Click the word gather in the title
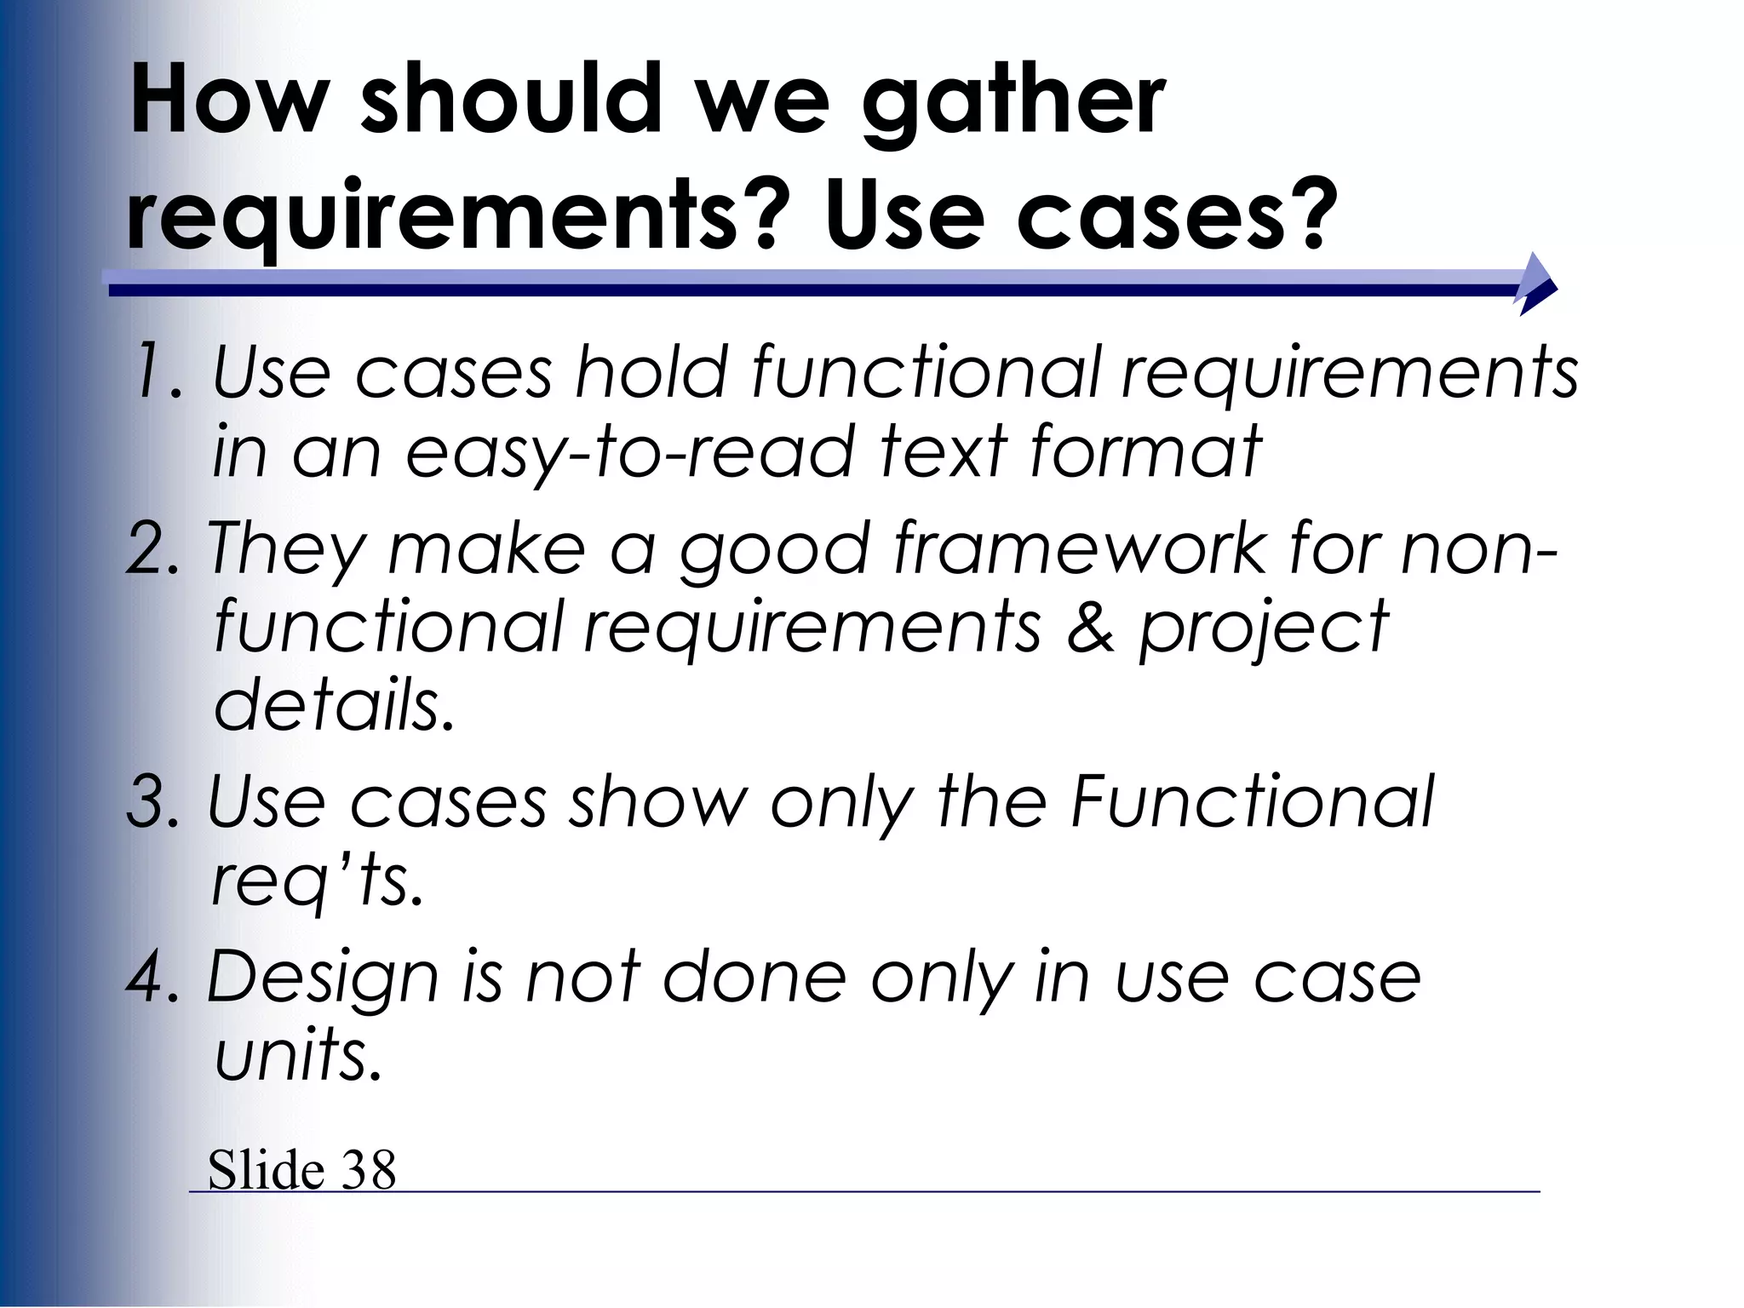point(1013,102)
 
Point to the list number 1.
point(158,372)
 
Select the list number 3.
point(153,802)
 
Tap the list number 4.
point(153,978)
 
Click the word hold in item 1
point(651,372)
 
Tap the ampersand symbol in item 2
point(1090,628)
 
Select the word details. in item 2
point(334,705)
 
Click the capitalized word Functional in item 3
point(1252,802)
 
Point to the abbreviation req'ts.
point(317,882)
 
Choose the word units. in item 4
point(298,1056)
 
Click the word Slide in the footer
point(266,1170)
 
